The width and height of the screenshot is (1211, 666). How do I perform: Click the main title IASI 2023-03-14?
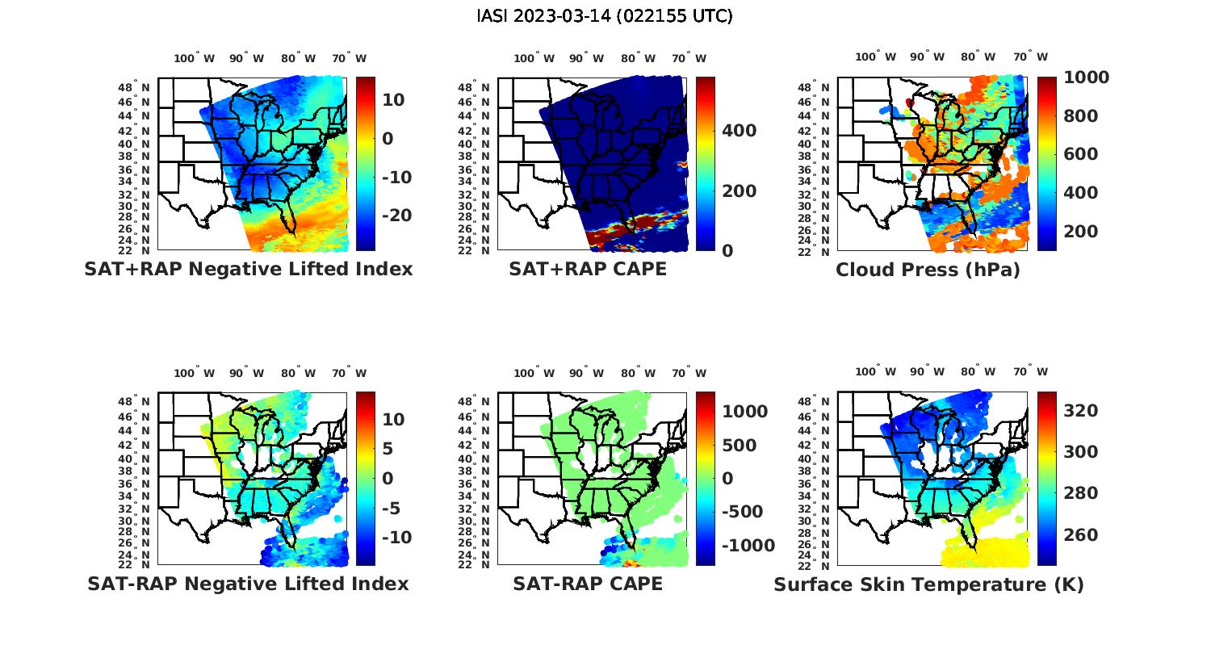click(605, 16)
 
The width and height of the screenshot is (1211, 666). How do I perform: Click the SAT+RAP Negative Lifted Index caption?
click(248, 270)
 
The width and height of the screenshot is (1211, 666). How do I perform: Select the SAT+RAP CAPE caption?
click(588, 270)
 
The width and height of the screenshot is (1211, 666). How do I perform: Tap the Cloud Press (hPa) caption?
click(928, 270)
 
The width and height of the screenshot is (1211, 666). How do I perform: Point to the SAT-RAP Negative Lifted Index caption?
click(248, 584)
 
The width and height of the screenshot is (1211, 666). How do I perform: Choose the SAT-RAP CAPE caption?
click(588, 584)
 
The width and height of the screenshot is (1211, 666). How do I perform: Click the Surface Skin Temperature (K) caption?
click(928, 584)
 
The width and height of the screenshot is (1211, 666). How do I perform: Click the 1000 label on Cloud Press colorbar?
click(1086, 77)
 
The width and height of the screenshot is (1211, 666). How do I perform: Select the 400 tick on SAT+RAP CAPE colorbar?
click(739, 131)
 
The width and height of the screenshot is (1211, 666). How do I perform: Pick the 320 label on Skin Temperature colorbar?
click(1081, 411)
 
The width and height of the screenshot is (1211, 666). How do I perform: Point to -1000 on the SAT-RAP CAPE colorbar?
click(747, 546)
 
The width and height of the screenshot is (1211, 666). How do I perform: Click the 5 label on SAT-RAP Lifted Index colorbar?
click(388, 449)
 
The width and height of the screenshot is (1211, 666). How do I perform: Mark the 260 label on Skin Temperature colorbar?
click(1081, 535)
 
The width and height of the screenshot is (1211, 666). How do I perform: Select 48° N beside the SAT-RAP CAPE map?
click(474, 402)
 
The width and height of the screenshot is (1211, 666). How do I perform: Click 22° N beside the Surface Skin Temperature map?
click(814, 565)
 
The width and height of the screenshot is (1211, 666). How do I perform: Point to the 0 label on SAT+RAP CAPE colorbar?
click(727, 251)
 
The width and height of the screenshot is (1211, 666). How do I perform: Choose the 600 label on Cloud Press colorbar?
click(1081, 154)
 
